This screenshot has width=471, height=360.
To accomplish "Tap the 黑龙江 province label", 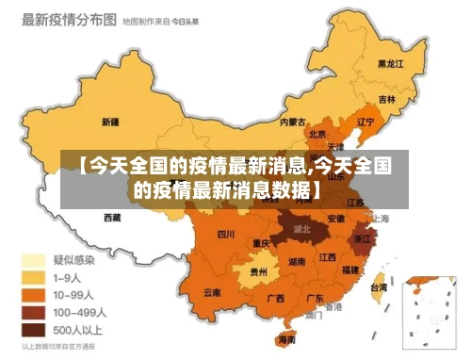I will tap(390, 64).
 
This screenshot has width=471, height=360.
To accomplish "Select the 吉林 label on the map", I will tap(387, 99).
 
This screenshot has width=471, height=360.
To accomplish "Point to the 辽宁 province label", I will tap(365, 121).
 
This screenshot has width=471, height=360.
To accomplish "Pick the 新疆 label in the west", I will tap(109, 122).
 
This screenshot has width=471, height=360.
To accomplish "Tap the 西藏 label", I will tap(111, 218).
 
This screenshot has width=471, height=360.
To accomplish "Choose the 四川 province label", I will tap(226, 235).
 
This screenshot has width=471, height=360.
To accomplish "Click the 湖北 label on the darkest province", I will tap(302, 228).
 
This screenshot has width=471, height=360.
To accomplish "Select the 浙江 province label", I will tap(363, 239).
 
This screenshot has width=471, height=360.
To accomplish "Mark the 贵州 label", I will tap(258, 271).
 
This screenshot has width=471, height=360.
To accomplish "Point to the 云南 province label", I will tap(213, 293).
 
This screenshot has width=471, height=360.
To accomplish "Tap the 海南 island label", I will tap(286, 339).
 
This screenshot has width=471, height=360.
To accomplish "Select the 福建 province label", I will tap(350, 270).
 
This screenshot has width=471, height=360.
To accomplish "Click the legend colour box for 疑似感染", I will tap(35, 259).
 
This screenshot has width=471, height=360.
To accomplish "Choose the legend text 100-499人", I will tap(78, 312).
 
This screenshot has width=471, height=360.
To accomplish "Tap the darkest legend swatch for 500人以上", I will tap(35, 330).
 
